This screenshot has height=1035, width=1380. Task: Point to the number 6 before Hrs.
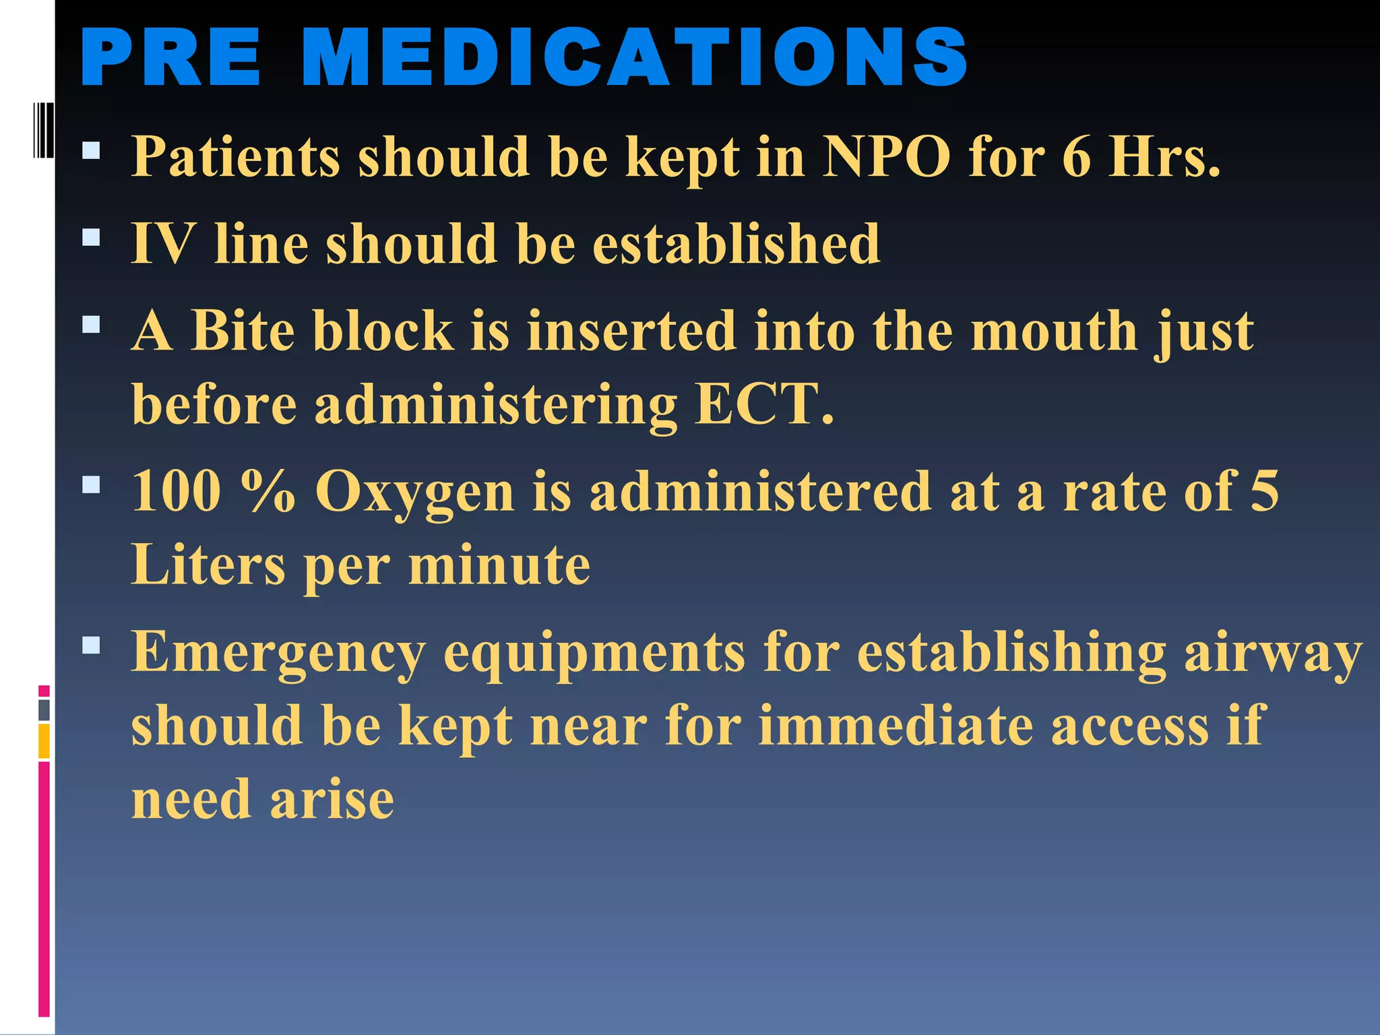tap(1076, 156)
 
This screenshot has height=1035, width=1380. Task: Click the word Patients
tap(235, 156)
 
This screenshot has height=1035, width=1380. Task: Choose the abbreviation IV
tap(164, 243)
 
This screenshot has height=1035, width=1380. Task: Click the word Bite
tap(243, 331)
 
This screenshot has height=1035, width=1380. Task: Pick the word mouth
tap(1055, 331)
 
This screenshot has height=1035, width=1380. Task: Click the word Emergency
tap(278, 652)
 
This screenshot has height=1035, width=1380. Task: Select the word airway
tap(1273, 652)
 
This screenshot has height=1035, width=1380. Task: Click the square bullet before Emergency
tap(91, 646)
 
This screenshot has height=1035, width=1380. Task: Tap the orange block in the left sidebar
tap(44, 741)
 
